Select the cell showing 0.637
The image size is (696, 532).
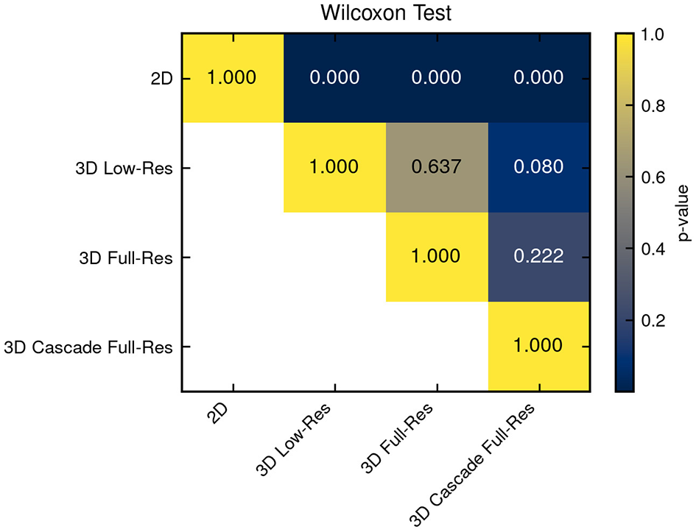pyautogui.click(x=436, y=167)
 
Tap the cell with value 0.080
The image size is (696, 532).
pyautogui.click(x=538, y=167)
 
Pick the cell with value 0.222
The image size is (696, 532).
pyautogui.click(x=538, y=256)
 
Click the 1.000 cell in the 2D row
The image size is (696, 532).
pyautogui.click(x=233, y=77)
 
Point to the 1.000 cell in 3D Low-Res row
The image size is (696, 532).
pyautogui.click(x=334, y=167)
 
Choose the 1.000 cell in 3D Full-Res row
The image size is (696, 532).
pyautogui.click(x=436, y=256)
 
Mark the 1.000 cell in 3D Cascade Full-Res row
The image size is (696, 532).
pyautogui.click(x=538, y=345)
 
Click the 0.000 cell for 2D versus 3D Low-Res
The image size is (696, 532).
pyautogui.click(x=334, y=77)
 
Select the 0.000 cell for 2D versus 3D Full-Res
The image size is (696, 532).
pyautogui.click(x=436, y=77)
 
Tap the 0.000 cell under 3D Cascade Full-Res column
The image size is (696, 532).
pyautogui.click(x=538, y=77)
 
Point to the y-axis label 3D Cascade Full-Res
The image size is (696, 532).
pyautogui.click(x=88, y=346)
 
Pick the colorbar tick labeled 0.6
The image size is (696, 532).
pyautogui.click(x=653, y=177)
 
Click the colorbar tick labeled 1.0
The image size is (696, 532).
pyautogui.click(x=653, y=34)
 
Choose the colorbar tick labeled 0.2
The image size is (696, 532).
pyautogui.click(x=653, y=321)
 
